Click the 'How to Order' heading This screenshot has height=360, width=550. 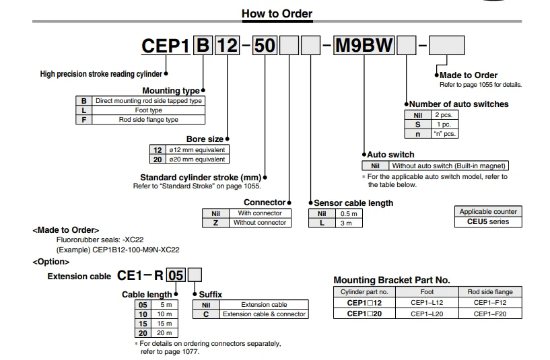(277, 13)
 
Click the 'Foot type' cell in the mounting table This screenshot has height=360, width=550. (149, 110)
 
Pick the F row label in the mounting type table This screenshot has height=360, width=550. (83, 119)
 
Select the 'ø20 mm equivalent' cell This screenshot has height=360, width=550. (197, 159)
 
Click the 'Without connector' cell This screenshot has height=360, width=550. (260, 222)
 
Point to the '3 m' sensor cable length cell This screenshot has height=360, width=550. (345, 223)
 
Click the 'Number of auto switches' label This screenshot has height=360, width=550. (458, 104)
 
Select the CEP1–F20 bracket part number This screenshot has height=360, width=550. (490, 314)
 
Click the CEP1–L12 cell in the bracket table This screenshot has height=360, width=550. (427, 303)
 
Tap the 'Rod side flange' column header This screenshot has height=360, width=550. (490, 292)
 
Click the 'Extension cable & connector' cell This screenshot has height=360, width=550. (264, 314)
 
